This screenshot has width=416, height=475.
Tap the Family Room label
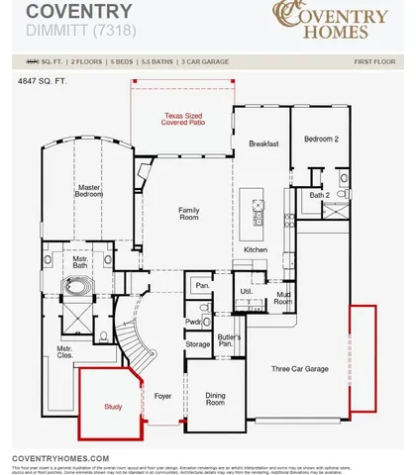188,214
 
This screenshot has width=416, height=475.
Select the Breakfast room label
263,143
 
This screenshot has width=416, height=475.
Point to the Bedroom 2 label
322,140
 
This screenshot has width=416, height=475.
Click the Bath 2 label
319,195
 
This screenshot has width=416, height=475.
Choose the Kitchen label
256,250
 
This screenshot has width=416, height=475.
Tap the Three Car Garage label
300,368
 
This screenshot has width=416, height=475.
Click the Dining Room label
215,399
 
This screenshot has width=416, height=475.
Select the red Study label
114,406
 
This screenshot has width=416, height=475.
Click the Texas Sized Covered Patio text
186,120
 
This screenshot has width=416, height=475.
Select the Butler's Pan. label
230,342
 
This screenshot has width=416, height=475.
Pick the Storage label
197,344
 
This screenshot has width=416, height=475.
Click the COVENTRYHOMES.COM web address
59,458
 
